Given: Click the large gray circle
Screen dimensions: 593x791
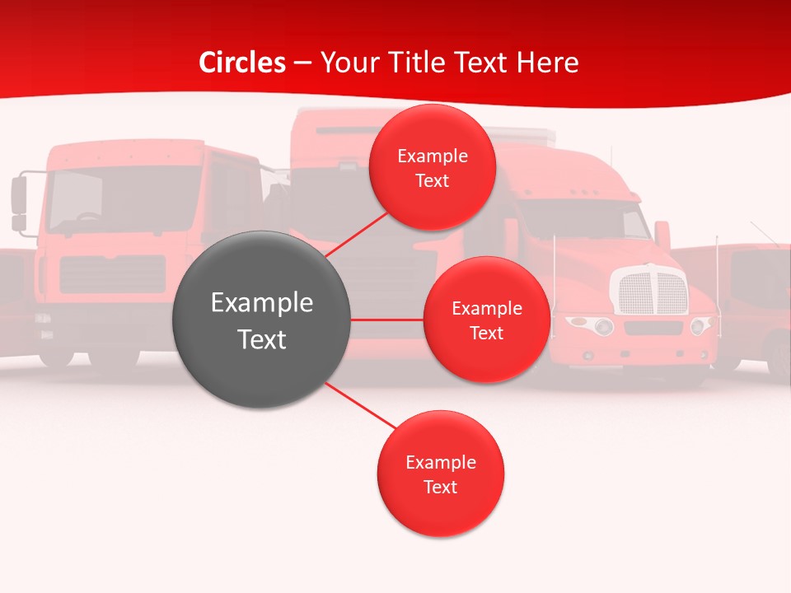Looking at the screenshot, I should tap(262, 320).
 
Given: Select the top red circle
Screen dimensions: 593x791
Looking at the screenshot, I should tap(433, 167).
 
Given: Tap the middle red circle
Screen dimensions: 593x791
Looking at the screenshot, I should tap(486, 320).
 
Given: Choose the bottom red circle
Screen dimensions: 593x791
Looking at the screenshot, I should tap(440, 474).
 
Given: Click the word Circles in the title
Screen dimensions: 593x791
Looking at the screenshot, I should tap(242, 63).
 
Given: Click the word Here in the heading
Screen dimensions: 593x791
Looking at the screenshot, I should tap(548, 63).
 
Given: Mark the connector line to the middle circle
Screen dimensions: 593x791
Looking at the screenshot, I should tap(386, 320).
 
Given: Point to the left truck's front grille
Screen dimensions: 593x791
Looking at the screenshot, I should tap(113, 274).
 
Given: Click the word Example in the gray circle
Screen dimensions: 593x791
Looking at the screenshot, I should tap(262, 303).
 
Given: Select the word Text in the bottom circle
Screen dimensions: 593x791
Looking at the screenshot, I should tap(440, 487).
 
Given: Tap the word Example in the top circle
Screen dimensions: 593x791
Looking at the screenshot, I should tap(433, 156).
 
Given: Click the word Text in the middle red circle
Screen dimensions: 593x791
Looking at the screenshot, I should tap(486, 333).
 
